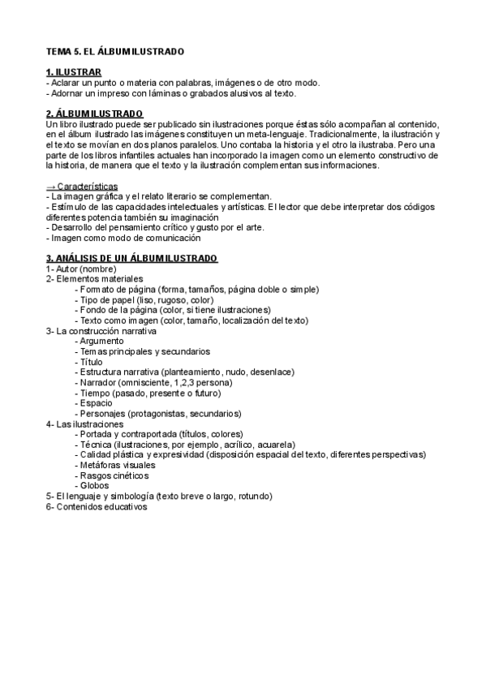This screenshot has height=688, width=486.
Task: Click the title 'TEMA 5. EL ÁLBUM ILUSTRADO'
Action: pyautogui.click(x=115, y=51)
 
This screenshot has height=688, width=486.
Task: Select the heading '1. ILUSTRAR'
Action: pyautogui.click(x=73, y=72)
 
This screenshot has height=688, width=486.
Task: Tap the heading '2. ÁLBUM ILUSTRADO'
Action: pyautogui.click(x=95, y=113)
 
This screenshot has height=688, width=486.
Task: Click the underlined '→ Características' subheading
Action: pyautogui.click(x=82, y=186)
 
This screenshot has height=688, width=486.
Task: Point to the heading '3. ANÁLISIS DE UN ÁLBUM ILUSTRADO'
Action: pyautogui.click(x=131, y=258)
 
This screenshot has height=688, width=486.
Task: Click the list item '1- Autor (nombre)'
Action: pyautogui.click(x=81, y=269)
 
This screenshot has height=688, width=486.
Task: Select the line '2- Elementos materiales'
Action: pyautogui.click(x=92, y=279)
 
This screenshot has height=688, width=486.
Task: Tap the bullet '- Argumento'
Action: pyautogui.click(x=98, y=341)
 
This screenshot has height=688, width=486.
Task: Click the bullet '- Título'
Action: pyautogui.click(x=92, y=362)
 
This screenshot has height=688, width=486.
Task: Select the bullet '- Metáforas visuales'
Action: pyautogui.click(x=113, y=465)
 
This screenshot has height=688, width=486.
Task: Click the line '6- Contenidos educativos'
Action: pyautogui.click(x=97, y=506)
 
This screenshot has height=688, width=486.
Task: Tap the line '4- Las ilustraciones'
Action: pyautogui.click(x=85, y=424)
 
